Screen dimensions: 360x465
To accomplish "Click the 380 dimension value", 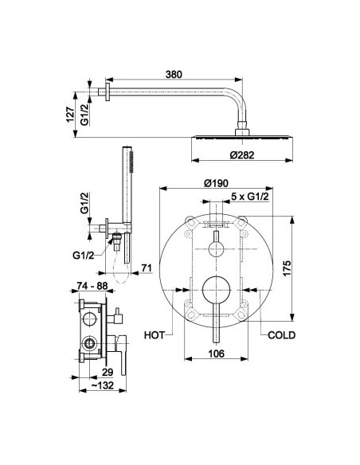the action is coord(174,74).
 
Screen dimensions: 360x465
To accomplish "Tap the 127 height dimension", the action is coord(70,114).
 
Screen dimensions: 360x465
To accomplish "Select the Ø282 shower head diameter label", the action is coord(242,154).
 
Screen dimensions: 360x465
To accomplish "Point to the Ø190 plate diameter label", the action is coord(216,183).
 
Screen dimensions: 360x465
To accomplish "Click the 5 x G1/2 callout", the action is coord(249,197).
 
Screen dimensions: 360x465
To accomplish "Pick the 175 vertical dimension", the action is coord(287,268).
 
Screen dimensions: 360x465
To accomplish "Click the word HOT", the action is coord(154,335).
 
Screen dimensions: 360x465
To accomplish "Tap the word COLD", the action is coord(281,335).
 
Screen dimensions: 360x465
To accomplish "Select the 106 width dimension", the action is coord(216,354).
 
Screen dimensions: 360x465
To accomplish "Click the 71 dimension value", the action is coord(146,268).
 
